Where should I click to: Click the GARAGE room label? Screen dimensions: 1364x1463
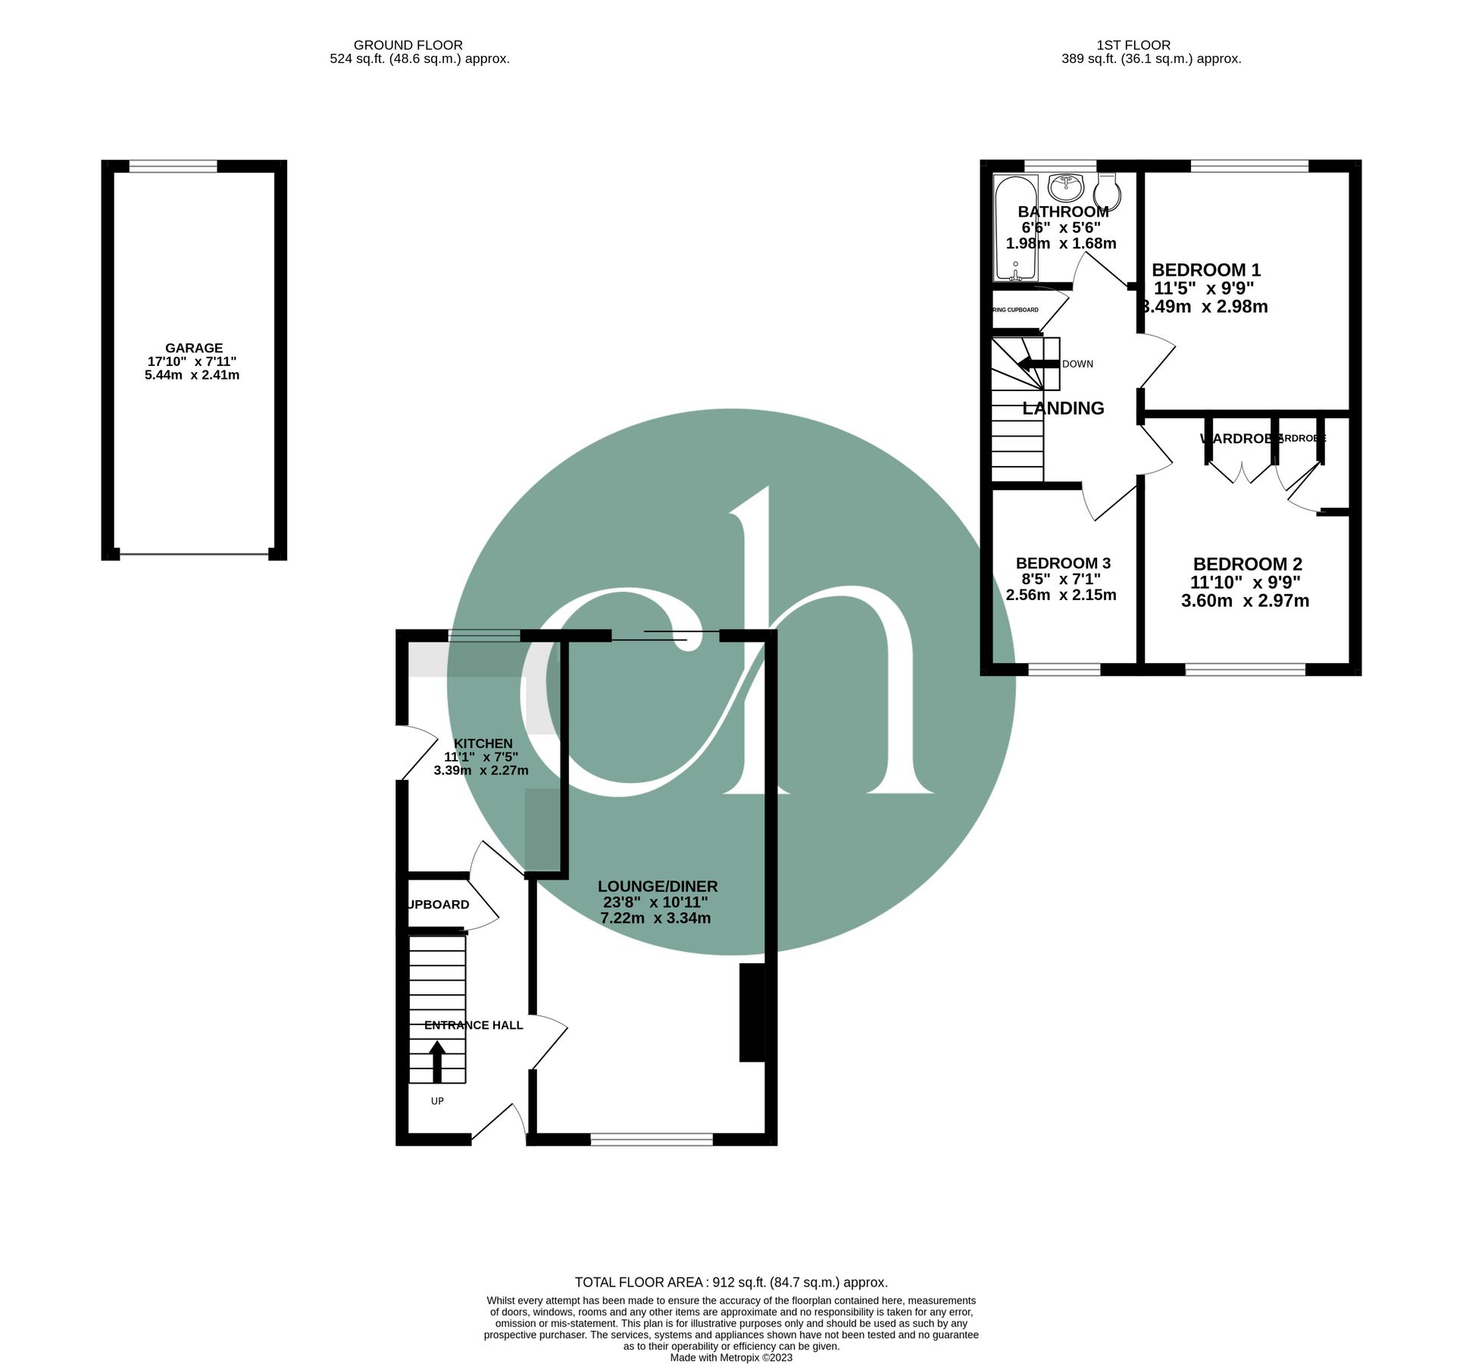[x=194, y=349]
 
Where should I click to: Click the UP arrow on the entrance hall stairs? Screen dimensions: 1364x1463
[x=437, y=1062]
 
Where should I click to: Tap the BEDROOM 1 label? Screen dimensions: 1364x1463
[x=1206, y=270]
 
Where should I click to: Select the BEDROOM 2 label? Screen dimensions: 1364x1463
[x=1247, y=565]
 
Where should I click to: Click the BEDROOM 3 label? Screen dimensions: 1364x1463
[x=1063, y=563]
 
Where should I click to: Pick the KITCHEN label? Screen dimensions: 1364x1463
[x=483, y=744]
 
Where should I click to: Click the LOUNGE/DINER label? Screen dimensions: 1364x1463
[x=657, y=887]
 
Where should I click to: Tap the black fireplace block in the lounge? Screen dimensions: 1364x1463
[x=752, y=1012]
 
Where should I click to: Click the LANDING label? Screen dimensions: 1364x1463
[x=1063, y=408]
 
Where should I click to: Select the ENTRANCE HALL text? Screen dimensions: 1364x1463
[x=474, y=1025]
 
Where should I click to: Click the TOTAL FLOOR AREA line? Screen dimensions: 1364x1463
[x=730, y=1283]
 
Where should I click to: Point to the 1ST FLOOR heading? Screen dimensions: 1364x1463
[x=1133, y=45]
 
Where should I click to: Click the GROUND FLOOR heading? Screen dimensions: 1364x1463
[x=408, y=45]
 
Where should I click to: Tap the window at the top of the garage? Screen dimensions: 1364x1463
[x=173, y=166]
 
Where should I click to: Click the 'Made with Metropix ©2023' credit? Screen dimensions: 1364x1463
[x=731, y=1358]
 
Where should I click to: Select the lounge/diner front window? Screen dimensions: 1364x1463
[x=652, y=1139]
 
